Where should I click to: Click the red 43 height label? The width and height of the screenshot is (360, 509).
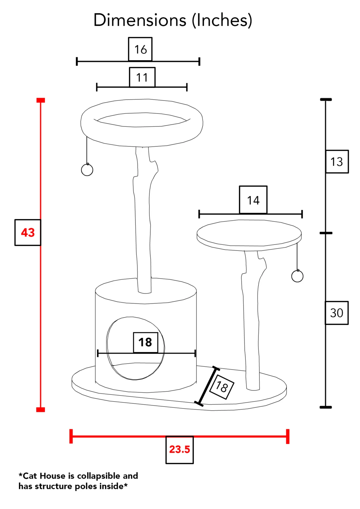click(x=28, y=233)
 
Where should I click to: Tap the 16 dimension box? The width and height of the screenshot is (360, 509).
click(x=140, y=49)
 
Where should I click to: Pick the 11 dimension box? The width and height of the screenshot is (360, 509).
click(x=142, y=77)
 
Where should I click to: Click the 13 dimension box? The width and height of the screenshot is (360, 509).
click(x=337, y=162)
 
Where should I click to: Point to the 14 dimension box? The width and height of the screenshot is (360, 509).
click(x=253, y=200)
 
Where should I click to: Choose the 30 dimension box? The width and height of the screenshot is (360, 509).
click(x=336, y=313)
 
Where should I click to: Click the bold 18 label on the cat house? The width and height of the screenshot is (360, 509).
click(x=146, y=342)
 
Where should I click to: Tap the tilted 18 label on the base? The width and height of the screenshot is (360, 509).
click(x=221, y=386)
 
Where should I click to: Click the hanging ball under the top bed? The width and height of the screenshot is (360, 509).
click(x=87, y=170)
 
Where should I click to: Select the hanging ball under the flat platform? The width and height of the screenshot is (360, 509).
click(x=297, y=276)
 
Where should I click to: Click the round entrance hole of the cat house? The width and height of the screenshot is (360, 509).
click(x=107, y=348)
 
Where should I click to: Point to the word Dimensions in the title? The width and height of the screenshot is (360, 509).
click(x=140, y=20)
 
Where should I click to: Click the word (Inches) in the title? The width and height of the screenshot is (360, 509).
click(x=222, y=20)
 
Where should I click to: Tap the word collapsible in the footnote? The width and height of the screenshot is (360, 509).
click(x=98, y=476)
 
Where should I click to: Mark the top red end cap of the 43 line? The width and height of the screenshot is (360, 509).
click(x=41, y=100)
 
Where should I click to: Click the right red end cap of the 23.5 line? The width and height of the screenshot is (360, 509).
click(x=288, y=436)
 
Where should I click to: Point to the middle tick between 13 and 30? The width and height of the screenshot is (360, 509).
click(x=326, y=233)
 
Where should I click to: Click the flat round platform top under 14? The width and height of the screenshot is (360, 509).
click(x=249, y=233)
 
